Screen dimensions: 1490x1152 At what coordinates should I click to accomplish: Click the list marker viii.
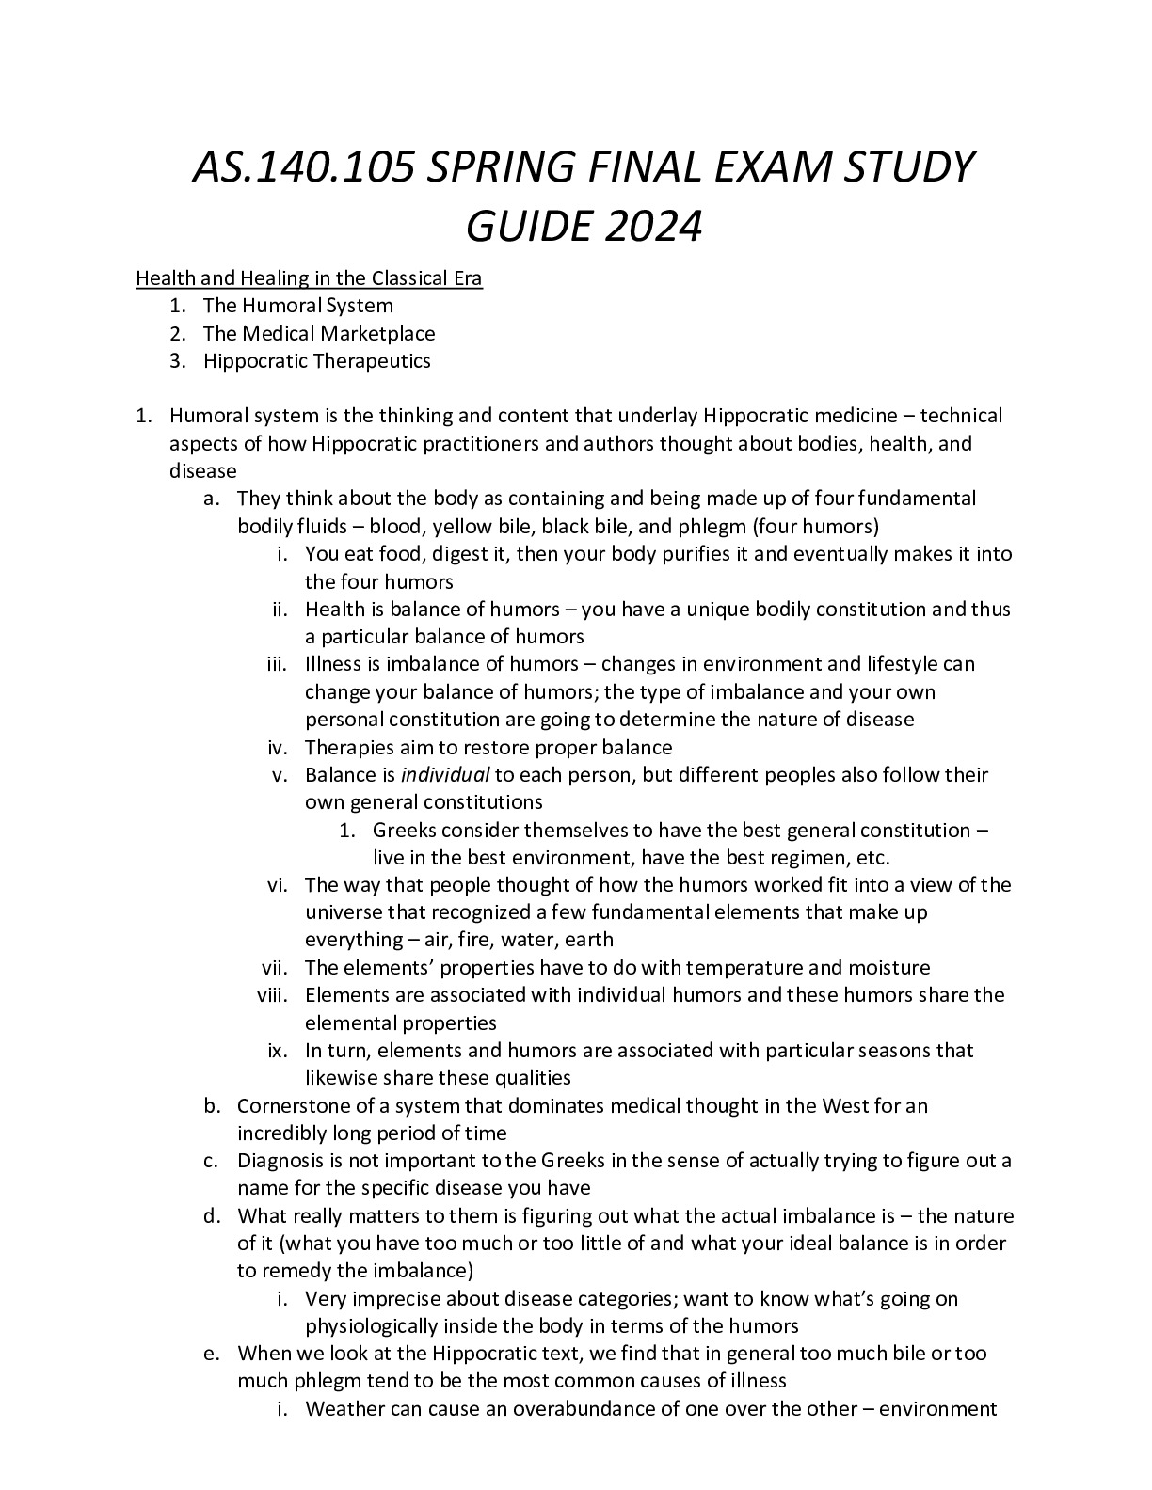[276, 995]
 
